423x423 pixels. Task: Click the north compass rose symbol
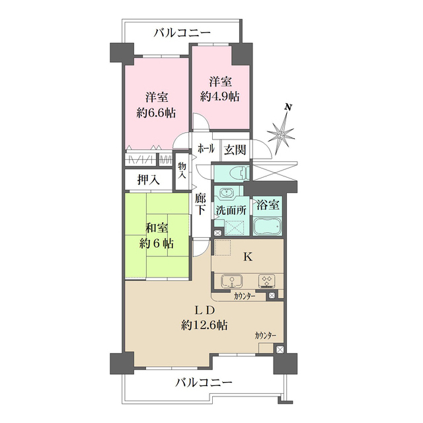[x=283, y=134]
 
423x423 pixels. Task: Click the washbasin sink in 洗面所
[x=227, y=194]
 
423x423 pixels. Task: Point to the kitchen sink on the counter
[x=232, y=280]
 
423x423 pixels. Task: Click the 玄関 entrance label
[x=234, y=150]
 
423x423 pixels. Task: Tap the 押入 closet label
[x=147, y=179]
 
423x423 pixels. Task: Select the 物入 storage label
[x=182, y=170]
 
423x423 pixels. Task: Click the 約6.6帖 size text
[x=157, y=113]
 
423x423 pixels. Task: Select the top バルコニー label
[x=182, y=32]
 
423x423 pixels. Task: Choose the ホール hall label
[x=206, y=150]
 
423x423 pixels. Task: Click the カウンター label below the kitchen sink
[x=245, y=297]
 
